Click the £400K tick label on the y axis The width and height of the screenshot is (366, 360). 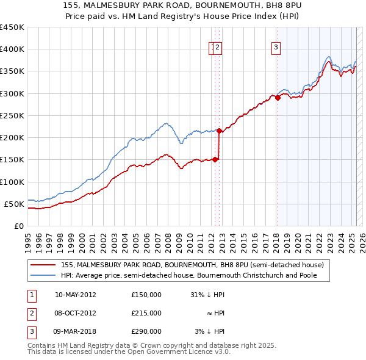12,49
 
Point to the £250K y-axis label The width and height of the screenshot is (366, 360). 12,115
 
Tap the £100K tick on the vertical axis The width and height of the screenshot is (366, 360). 12,182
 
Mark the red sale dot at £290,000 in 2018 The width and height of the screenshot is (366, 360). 278,98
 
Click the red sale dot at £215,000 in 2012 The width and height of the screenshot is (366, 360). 219,131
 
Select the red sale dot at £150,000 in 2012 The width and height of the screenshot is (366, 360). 215,159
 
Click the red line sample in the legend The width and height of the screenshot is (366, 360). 43,265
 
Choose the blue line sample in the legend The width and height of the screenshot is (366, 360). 43,275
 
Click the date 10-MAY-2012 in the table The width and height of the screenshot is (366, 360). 76,295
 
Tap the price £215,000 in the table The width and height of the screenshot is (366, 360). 146,313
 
